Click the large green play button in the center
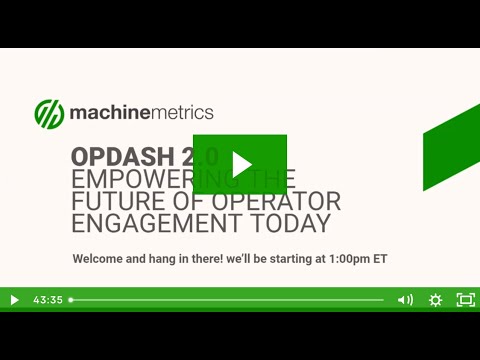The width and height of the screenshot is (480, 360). point(240,164)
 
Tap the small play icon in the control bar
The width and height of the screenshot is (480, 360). point(14,299)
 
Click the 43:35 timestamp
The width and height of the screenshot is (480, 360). point(48,299)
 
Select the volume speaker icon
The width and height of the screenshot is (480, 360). point(405,299)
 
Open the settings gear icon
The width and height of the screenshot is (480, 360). point(435,299)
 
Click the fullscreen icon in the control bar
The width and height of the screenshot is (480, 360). point(465,299)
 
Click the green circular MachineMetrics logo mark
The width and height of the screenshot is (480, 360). point(49,113)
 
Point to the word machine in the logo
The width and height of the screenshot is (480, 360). point(108,113)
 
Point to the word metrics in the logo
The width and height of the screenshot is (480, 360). point(181,113)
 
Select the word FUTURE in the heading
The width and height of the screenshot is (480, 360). point(113,200)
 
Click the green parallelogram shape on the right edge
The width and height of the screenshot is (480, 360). point(451,150)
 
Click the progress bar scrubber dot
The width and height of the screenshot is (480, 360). point(71,299)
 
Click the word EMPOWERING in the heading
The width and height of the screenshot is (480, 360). point(135,179)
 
